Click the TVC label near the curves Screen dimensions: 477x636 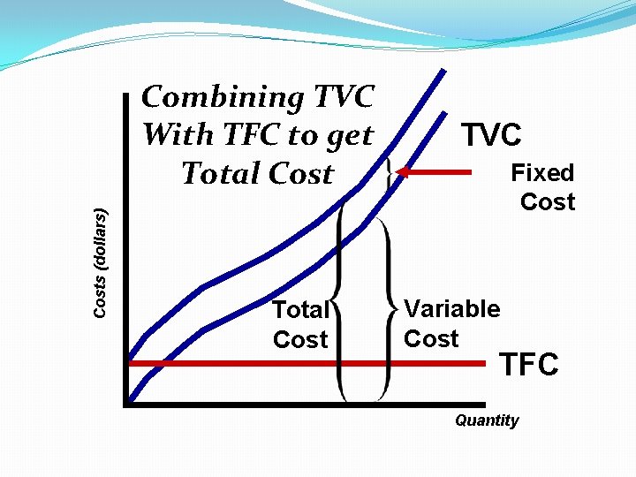[492, 135]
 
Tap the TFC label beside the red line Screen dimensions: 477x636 [529, 364]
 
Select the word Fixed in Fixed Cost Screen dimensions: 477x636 [542, 172]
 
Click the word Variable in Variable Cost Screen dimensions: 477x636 [451, 309]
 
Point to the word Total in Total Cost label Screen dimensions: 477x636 [300, 310]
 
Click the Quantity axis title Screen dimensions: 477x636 [487, 420]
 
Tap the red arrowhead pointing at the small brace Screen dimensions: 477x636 [402, 172]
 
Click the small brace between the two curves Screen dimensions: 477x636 [390, 171]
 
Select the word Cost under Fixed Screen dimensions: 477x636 [548, 201]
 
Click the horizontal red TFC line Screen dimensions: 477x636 [265, 362]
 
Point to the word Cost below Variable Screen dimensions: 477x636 [431, 338]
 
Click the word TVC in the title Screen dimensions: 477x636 [342, 96]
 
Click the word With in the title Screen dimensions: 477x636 [178, 135]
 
